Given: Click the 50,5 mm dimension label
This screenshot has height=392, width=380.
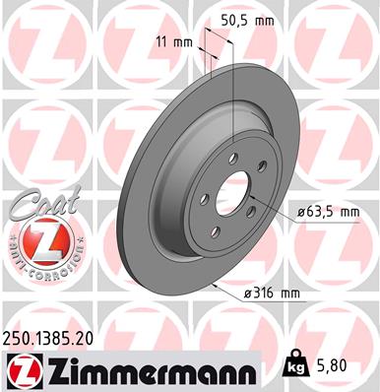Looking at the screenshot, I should point(249,18).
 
